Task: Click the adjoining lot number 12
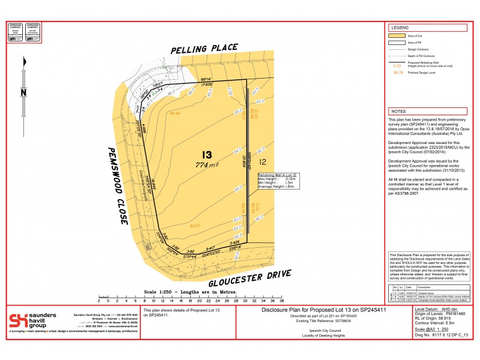tap(262, 161)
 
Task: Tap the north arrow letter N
tap(22, 92)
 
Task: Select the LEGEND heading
tap(400, 28)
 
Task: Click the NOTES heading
tap(398, 112)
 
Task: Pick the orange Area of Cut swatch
tap(397, 36)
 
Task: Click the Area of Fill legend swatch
tap(397, 43)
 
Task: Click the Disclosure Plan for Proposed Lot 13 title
tap(323, 311)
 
